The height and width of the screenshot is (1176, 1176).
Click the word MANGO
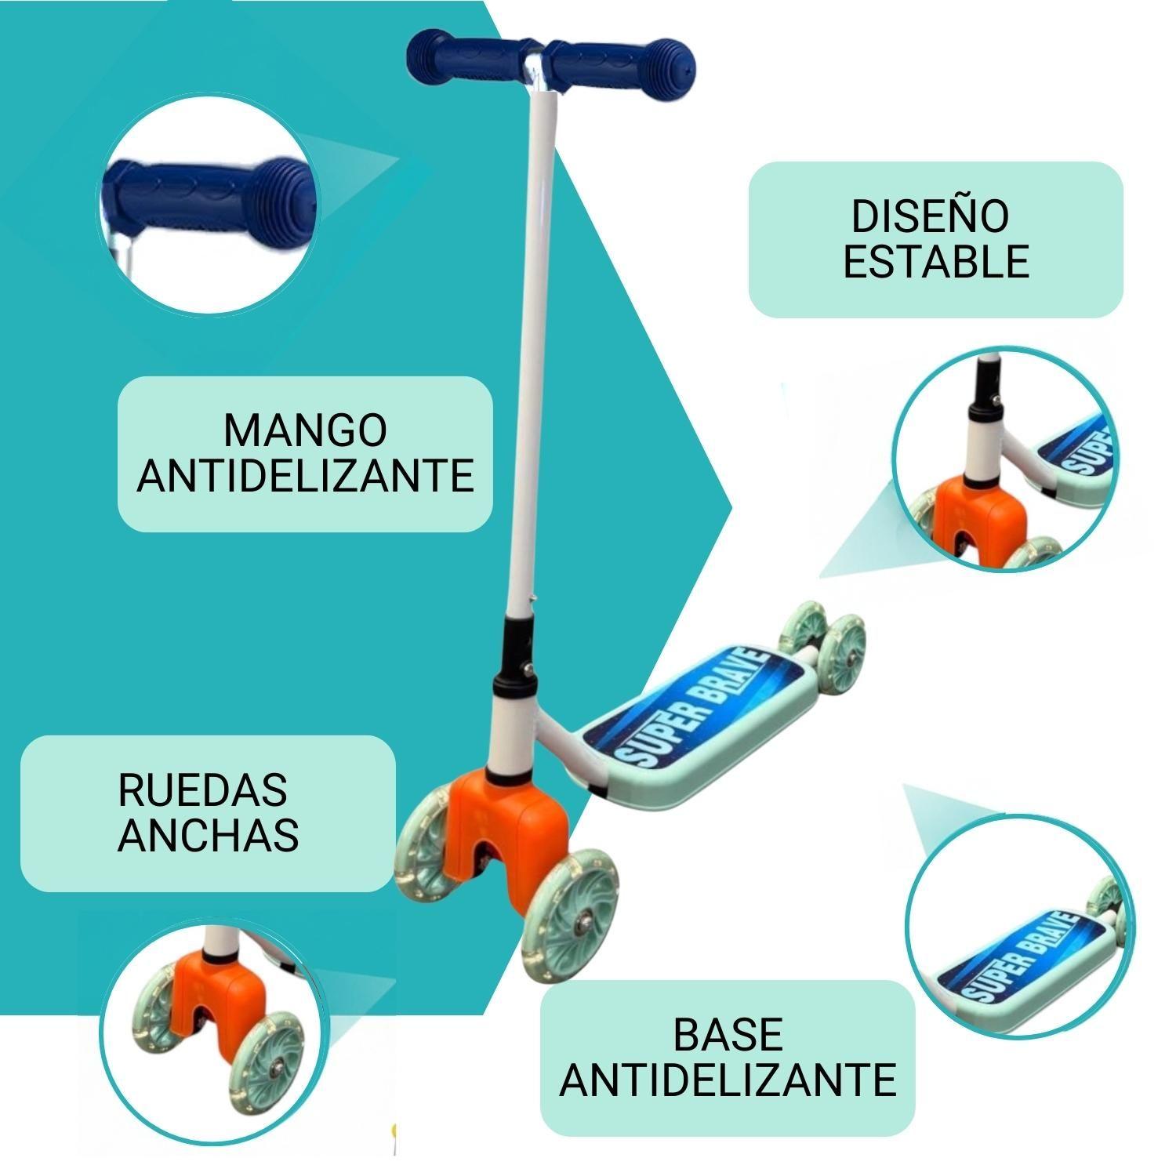click(x=305, y=430)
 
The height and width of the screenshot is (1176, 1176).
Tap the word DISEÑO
click(x=930, y=216)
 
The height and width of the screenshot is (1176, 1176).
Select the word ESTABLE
click(x=936, y=261)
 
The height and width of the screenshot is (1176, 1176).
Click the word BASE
click(x=728, y=1035)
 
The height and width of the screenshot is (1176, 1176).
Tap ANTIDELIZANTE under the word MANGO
click(x=306, y=474)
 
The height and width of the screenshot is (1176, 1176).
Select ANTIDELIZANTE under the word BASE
click(x=728, y=1080)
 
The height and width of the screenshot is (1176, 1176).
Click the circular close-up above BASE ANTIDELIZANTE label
click(x=1019, y=925)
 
